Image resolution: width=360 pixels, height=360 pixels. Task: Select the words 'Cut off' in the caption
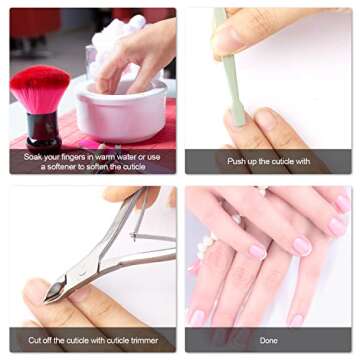[45, 339]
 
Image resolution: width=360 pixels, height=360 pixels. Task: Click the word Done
[267, 339]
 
